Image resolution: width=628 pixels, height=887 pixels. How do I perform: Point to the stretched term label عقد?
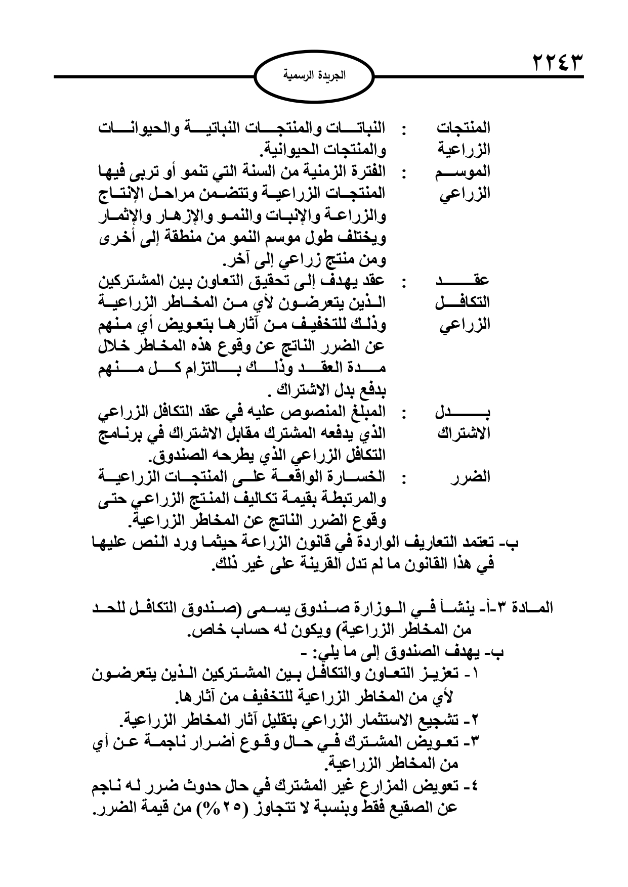[x=462, y=280]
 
